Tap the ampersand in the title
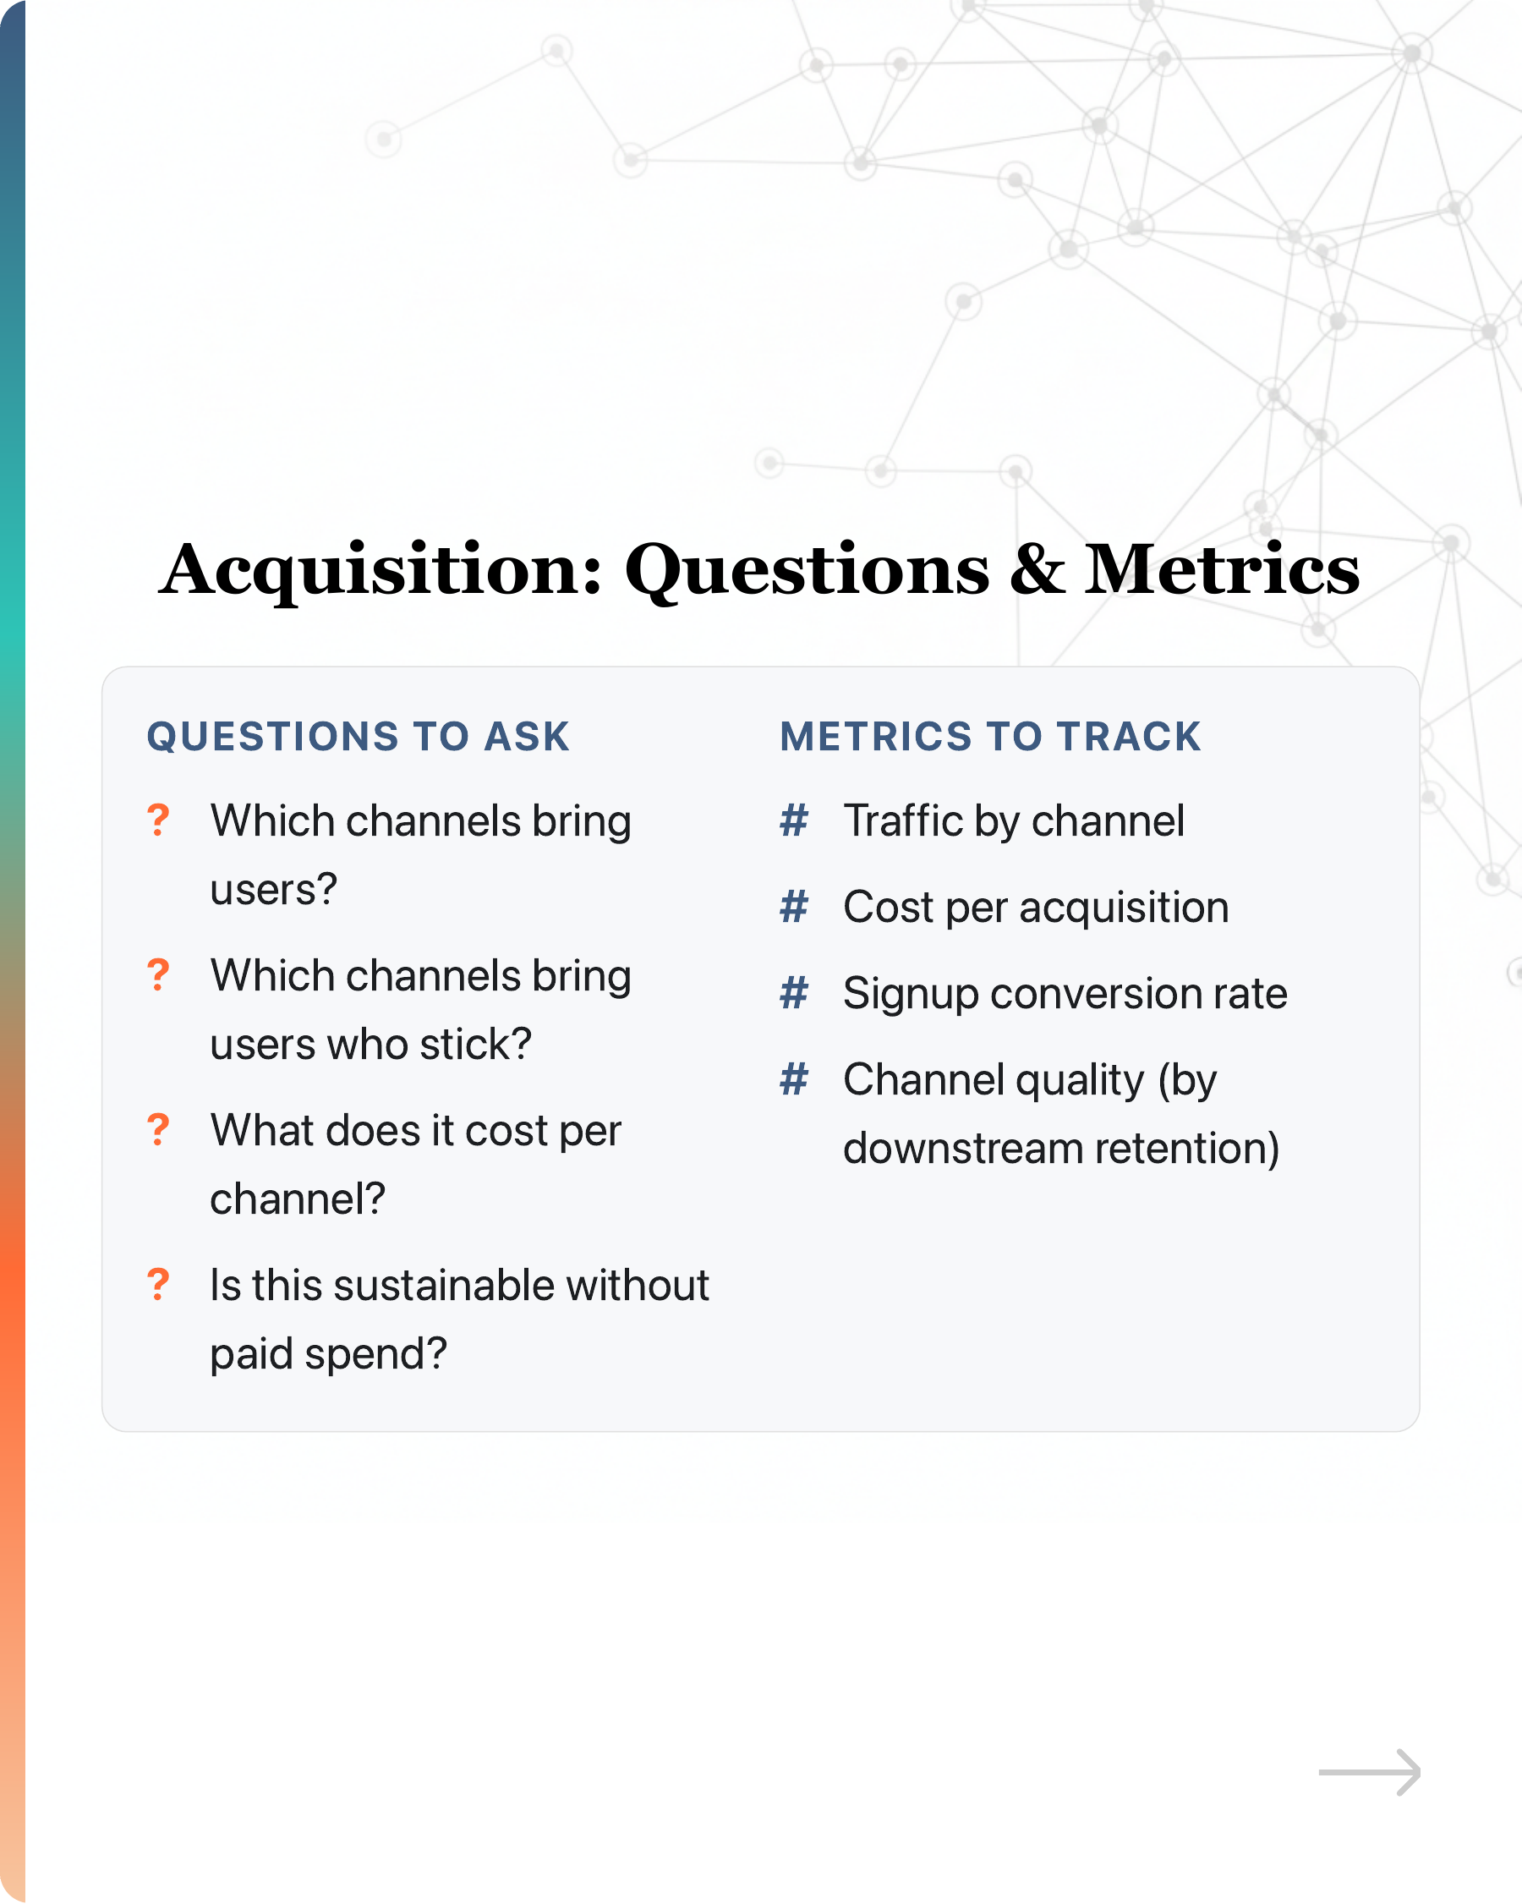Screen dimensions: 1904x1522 click(1037, 569)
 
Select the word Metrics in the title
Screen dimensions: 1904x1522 click(1222, 569)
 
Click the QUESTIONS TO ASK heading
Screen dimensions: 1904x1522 click(359, 737)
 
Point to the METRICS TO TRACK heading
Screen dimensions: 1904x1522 click(989, 737)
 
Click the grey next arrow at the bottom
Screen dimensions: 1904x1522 click(1369, 1772)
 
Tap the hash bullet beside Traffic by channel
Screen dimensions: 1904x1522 click(794, 820)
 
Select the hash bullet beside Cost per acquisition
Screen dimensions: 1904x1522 click(794, 907)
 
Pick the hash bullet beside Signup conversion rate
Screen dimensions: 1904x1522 click(794, 993)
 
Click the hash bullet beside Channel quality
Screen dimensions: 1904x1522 click(794, 1079)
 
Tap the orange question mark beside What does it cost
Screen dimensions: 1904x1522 click(158, 1130)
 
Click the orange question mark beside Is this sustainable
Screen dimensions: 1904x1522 click(158, 1285)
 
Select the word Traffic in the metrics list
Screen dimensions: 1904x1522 click(902, 820)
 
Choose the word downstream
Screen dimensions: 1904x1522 click(963, 1148)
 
